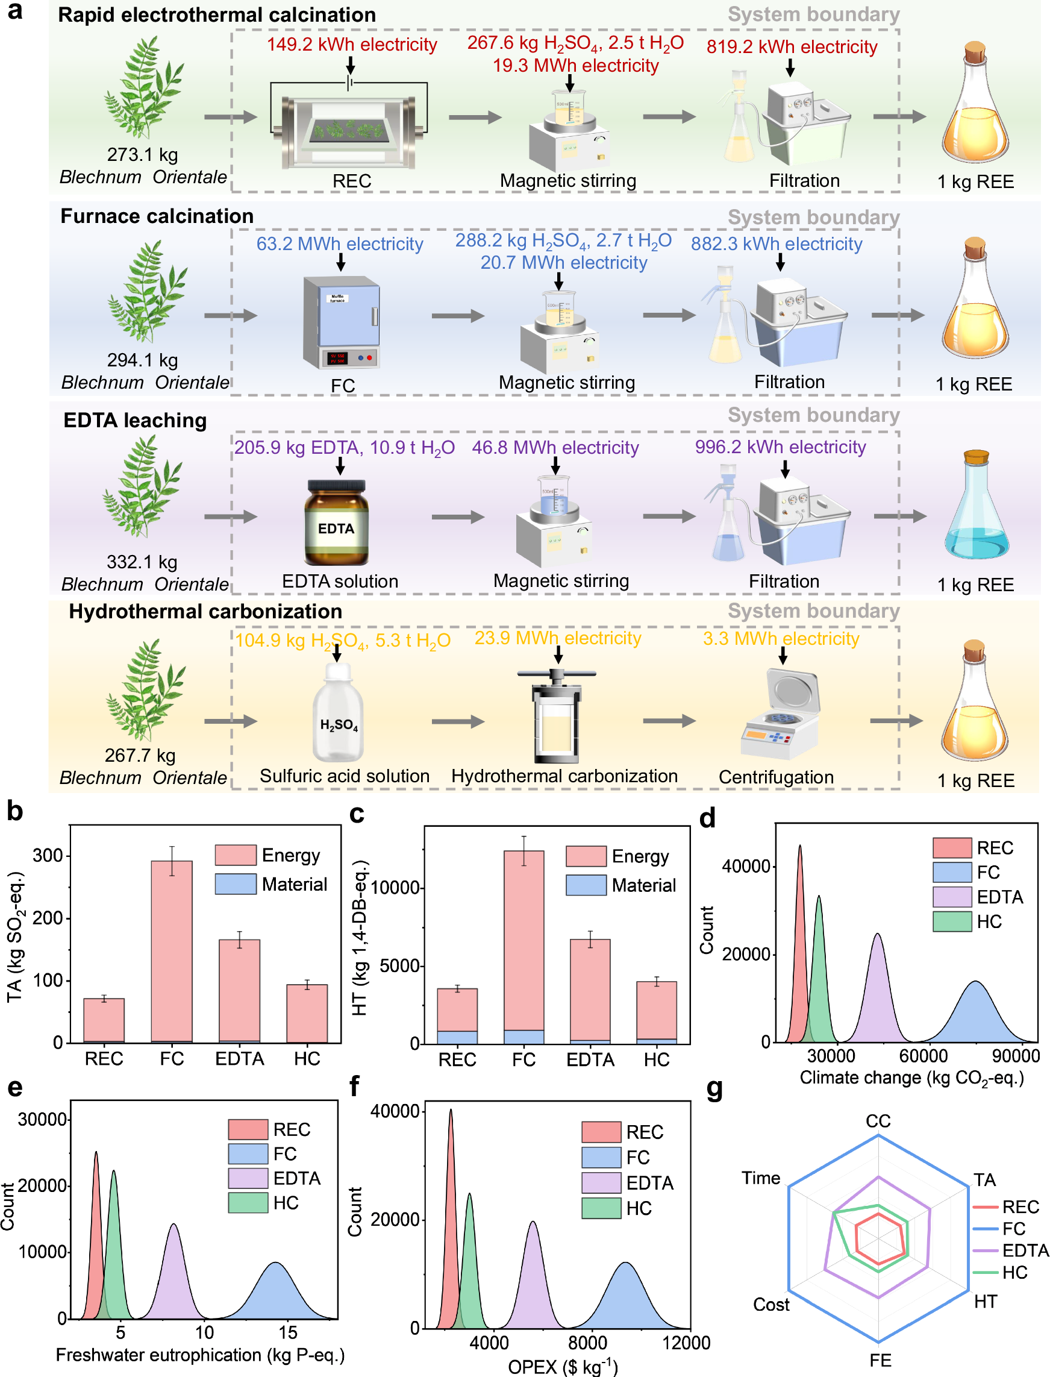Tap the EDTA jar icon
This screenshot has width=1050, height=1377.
coord(336,522)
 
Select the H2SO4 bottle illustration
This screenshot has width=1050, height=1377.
coord(338,714)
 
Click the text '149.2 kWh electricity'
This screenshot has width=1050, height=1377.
coord(352,45)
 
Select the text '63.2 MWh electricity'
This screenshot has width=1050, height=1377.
coord(339,244)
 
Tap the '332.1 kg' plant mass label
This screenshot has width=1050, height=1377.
coord(142,561)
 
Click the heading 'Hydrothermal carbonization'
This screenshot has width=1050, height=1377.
coord(205,611)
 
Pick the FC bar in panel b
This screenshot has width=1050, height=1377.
coord(172,950)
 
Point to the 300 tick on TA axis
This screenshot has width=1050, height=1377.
coord(48,856)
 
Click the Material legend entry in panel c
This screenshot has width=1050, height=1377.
coord(621,885)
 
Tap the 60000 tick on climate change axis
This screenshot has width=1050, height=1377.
coord(923,1056)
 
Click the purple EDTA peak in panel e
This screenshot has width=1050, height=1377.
coord(174,1275)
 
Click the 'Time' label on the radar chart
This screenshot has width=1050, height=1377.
coord(761,1178)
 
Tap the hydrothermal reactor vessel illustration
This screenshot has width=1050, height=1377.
coord(556,719)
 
